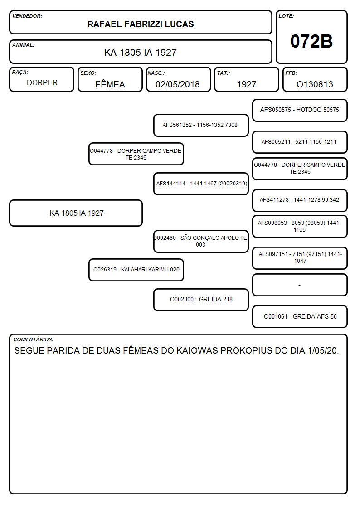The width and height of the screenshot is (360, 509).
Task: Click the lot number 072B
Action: (311, 41)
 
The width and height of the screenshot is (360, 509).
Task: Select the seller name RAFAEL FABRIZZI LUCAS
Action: (141, 24)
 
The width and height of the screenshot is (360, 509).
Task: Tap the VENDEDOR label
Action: (27, 16)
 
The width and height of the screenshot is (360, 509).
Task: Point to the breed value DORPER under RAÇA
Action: (42, 83)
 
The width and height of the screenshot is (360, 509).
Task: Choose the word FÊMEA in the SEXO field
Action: (110, 84)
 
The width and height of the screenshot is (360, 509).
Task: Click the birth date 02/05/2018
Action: (178, 84)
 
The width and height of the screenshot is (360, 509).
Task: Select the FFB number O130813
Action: (315, 84)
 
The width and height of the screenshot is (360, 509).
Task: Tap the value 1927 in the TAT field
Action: (247, 84)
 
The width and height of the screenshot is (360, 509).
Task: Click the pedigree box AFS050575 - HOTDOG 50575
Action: (300, 110)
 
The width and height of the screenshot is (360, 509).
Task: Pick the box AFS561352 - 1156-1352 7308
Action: (200, 125)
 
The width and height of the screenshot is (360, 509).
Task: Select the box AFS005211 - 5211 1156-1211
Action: (300, 142)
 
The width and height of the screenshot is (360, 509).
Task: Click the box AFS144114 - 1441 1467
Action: (200, 184)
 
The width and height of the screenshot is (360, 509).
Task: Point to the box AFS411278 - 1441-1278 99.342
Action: (300, 200)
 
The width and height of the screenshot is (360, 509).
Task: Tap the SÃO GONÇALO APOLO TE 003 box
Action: (200, 241)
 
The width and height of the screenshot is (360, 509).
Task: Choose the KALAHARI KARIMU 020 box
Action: (136, 270)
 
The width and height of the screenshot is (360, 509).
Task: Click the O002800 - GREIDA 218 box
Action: (200, 299)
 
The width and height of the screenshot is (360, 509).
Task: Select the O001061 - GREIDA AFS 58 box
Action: (300, 316)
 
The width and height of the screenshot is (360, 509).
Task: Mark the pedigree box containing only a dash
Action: (300, 285)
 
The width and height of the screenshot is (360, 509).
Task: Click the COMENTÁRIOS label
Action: (34, 339)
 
